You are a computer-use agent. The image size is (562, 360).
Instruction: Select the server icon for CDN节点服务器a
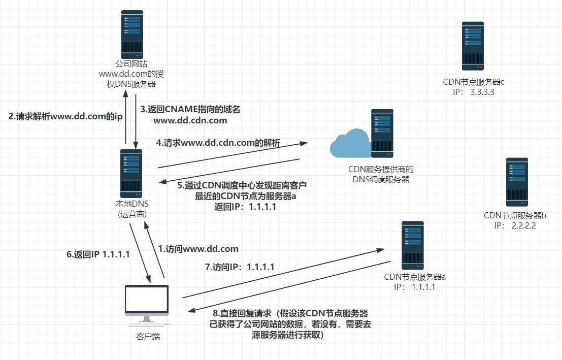413,245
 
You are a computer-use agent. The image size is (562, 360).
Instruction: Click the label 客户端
148,336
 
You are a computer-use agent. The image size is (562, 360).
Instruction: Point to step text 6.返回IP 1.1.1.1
97,254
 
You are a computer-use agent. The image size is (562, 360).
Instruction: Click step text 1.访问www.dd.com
197,249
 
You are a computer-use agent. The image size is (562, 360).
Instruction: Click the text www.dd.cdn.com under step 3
190,121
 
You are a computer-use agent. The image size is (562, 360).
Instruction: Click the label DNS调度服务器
381,179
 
